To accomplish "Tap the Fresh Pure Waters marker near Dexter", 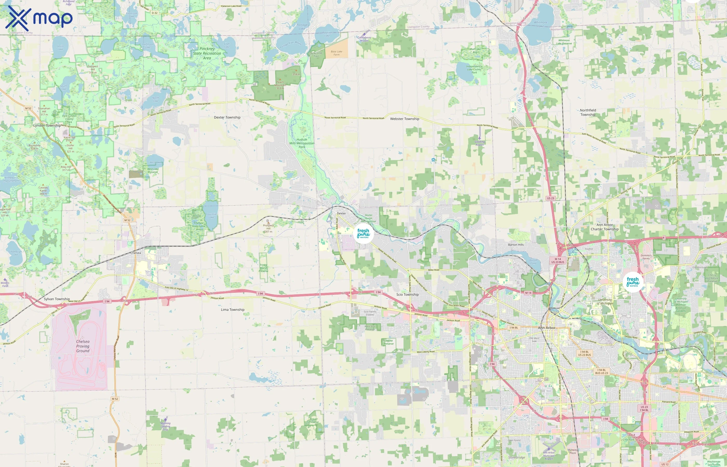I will (x=363, y=233).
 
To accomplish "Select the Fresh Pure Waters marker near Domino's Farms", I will (x=633, y=282).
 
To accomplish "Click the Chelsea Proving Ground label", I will (x=83, y=346).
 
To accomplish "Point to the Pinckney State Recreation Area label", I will (x=207, y=53).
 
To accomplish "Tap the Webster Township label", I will (x=405, y=119).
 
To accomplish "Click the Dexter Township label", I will (x=227, y=117).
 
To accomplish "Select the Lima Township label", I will (x=232, y=310).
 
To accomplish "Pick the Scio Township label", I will (x=407, y=294).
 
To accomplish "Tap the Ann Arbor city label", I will (x=547, y=328).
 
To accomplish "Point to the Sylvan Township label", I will (x=57, y=299).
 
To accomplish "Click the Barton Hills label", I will (x=516, y=245).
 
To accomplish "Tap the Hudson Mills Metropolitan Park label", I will (x=302, y=143).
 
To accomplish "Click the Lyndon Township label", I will (x=47, y=126).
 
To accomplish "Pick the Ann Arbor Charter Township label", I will (x=604, y=227).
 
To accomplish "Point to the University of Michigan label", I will (x=605, y=301).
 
